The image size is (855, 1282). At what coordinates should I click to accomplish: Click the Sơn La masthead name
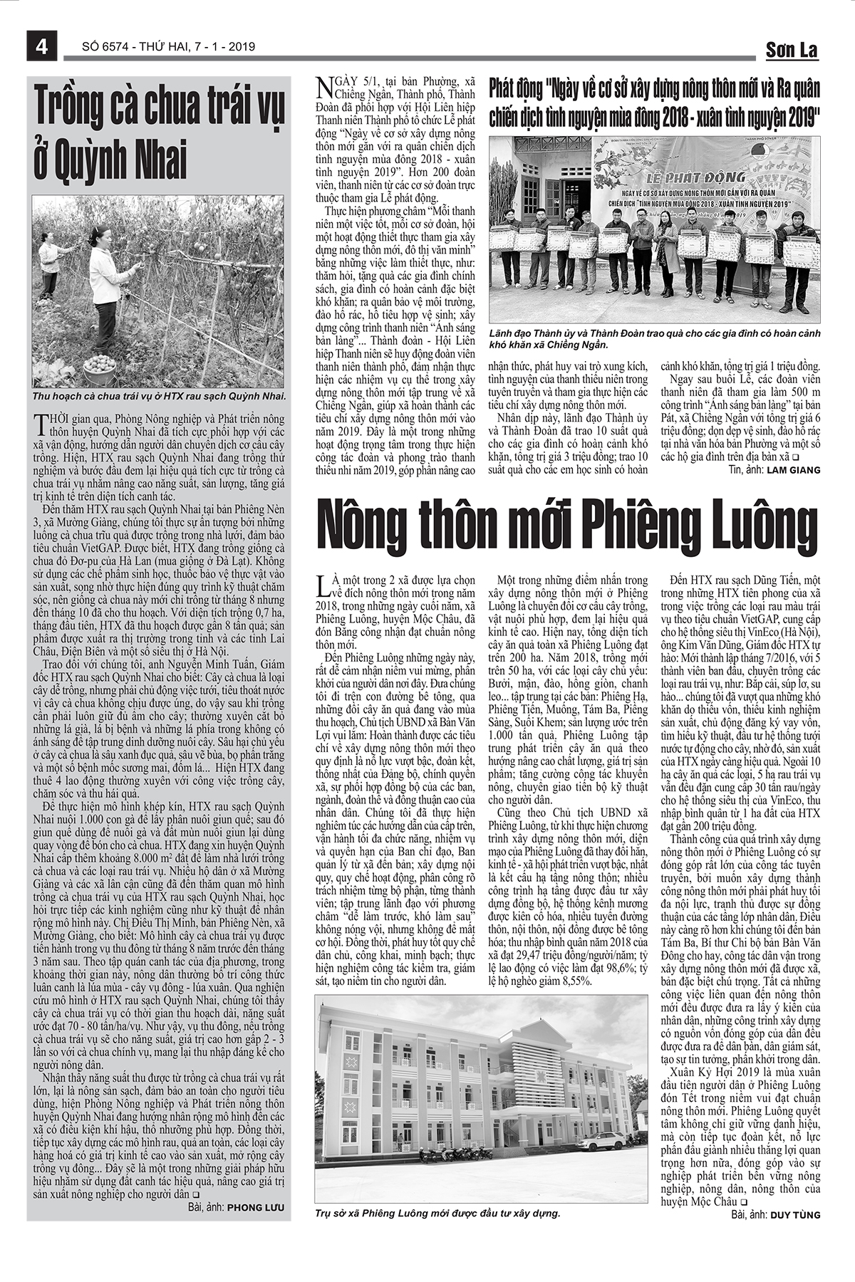pos(792,50)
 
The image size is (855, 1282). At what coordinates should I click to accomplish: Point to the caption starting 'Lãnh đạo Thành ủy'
pos(654,339)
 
